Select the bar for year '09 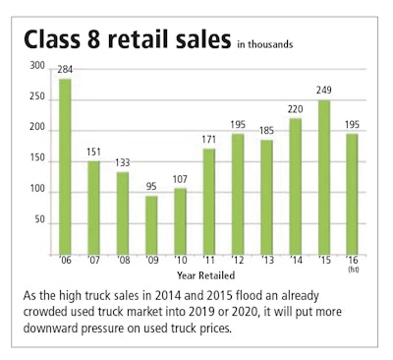123,224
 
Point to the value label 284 65,70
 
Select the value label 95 123,187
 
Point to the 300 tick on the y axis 36,65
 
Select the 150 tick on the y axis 36,159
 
